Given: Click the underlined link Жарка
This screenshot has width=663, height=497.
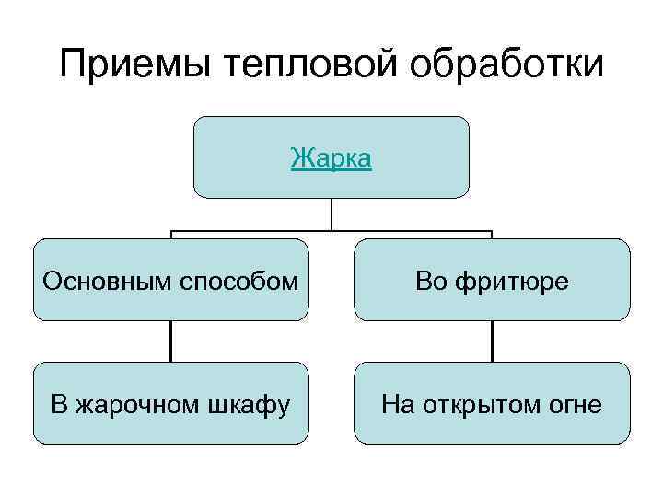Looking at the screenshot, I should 331,158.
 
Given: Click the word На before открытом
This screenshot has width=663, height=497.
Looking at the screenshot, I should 399,403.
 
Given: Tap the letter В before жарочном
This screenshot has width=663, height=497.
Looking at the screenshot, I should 58,403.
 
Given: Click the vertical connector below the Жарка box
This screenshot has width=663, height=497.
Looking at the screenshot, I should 331,214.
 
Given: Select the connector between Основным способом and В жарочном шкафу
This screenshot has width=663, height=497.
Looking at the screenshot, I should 170,341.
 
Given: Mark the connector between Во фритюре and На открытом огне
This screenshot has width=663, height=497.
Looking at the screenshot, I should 492,341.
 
